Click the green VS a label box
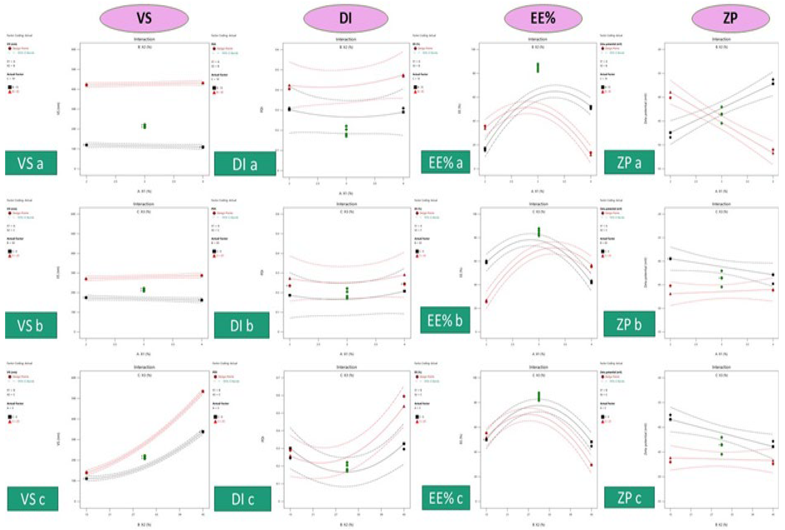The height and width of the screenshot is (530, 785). coord(31,163)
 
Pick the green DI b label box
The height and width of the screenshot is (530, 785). coord(242,325)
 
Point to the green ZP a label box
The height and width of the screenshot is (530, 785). coord(629,162)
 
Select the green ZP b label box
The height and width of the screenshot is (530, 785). coord(629,324)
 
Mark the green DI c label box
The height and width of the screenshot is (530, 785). coord(242,499)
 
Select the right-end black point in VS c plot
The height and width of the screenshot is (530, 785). coord(203,432)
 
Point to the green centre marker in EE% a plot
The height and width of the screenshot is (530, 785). coord(538,68)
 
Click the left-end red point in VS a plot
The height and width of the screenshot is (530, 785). coord(87,85)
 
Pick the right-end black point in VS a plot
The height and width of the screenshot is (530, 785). coord(203,147)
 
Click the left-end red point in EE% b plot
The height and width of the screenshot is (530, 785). coord(486,301)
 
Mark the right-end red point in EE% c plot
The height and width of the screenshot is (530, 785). coord(591,465)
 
